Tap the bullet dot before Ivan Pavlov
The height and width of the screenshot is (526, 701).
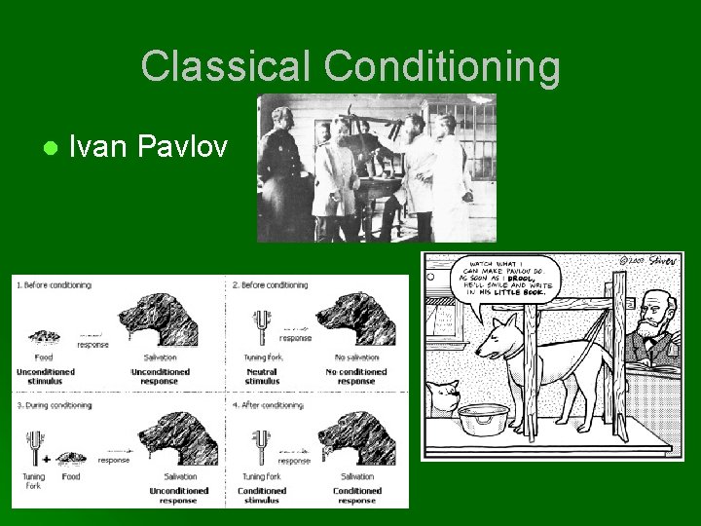pos(48,148)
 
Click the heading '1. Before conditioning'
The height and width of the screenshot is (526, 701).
pos(53,285)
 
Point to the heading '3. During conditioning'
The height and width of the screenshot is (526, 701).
pos(54,404)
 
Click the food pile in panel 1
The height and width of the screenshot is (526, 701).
pos(43,336)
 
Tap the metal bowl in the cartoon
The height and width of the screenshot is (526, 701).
pos(484,419)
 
